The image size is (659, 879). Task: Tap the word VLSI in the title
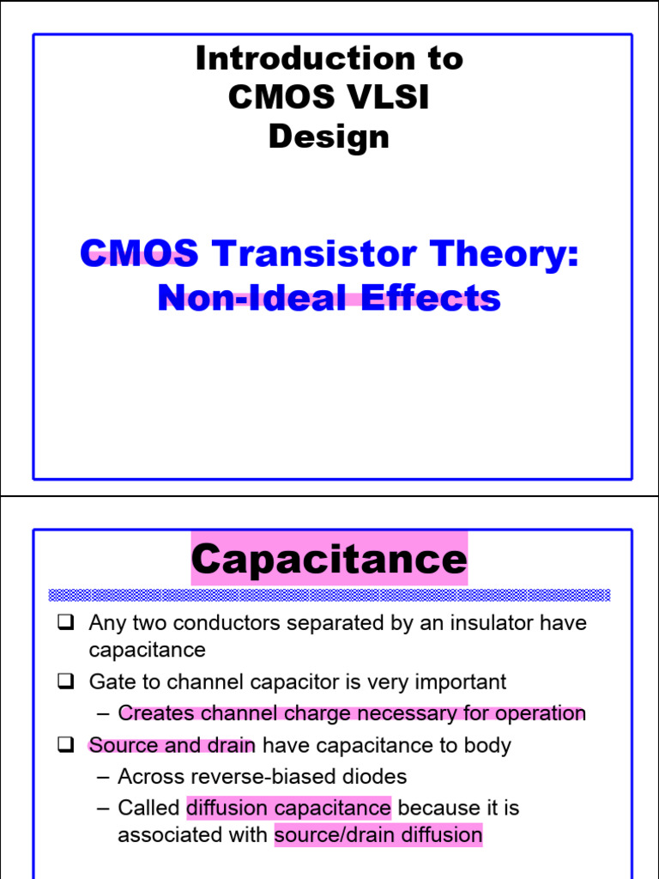385,98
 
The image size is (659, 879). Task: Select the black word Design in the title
329,137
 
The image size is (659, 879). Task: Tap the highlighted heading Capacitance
329,560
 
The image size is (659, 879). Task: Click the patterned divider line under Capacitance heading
329,595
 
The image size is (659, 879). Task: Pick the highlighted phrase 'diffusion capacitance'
288,808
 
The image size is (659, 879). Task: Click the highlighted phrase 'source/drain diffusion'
378,835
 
